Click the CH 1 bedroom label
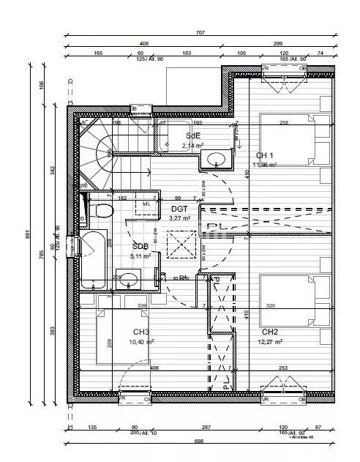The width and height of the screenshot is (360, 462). (264, 155)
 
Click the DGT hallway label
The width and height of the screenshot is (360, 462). (180, 209)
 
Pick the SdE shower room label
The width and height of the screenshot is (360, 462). (193, 136)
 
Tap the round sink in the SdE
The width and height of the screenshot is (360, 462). (216, 160)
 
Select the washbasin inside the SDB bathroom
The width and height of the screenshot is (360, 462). (129, 279)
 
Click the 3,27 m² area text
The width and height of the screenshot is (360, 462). (180, 217)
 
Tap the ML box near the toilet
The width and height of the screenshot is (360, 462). (147, 204)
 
